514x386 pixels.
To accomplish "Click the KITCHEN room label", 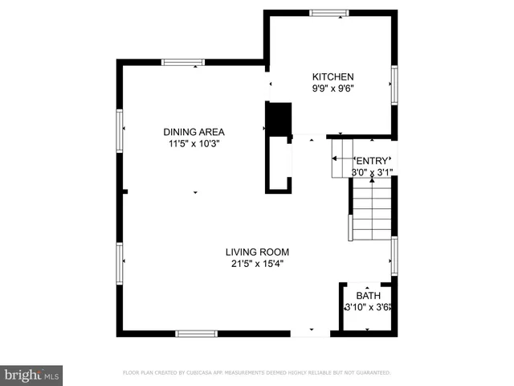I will pyautogui.click(x=332, y=77).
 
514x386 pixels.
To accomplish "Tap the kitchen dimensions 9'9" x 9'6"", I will pyautogui.click(x=332, y=89).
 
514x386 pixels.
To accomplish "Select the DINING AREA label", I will pyautogui.click(x=194, y=132).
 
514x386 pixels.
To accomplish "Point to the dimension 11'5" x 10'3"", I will pyautogui.click(x=194, y=144).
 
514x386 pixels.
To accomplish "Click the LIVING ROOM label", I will pyautogui.click(x=256, y=251).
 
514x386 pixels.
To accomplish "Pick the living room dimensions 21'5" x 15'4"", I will pyautogui.click(x=256, y=263).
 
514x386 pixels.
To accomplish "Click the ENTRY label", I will pyautogui.click(x=372, y=160).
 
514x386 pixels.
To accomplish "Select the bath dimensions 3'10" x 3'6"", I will pyautogui.click(x=367, y=306).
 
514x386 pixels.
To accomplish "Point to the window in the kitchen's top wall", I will pyautogui.click(x=324, y=12).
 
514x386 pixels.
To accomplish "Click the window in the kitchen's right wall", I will pyautogui.click(x=394, y=84).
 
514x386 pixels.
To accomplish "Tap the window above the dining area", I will pyautogui.click(x=183, y=62).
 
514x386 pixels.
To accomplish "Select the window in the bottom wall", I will pyautogui.click(x=197, y=333).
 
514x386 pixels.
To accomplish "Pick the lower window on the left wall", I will pyautogui.click(x=120, y=264).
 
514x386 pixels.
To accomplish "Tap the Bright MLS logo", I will pyautogui.click(x=32, y=375).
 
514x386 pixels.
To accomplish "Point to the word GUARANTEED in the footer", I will pyautogui.click(x=372, y=373).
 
